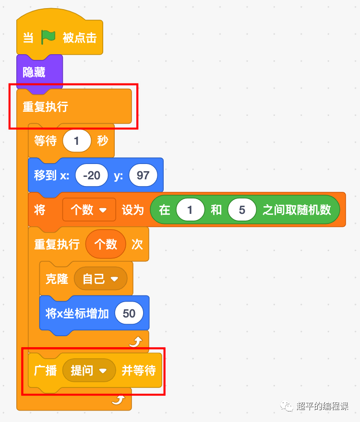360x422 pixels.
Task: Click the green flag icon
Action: [x=48, y=37]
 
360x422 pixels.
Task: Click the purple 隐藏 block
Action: [x=34, y=72]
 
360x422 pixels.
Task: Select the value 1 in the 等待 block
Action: [x=77, y=141]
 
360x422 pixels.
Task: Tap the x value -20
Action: [x=91, y=176]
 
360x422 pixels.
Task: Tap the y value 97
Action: [x=143, y=176]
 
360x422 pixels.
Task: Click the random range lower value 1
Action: [x=190, y=210]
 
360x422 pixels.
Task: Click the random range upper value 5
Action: [x=242, y=210]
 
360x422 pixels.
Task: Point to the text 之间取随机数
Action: [x=297, y=210]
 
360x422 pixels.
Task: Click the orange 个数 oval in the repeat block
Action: [x=106, y=245]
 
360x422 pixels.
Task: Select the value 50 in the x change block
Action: [x=129, y=314]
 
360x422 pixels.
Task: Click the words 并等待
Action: [x=138, y=371]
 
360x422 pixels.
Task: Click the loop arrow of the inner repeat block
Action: [x=136, y=342]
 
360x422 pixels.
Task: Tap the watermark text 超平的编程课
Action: [x=322, y=406]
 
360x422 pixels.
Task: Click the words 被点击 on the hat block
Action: [x=80, y=37]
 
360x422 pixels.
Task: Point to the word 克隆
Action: [x=57, y=279]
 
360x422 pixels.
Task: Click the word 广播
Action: [x=46, y=371]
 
